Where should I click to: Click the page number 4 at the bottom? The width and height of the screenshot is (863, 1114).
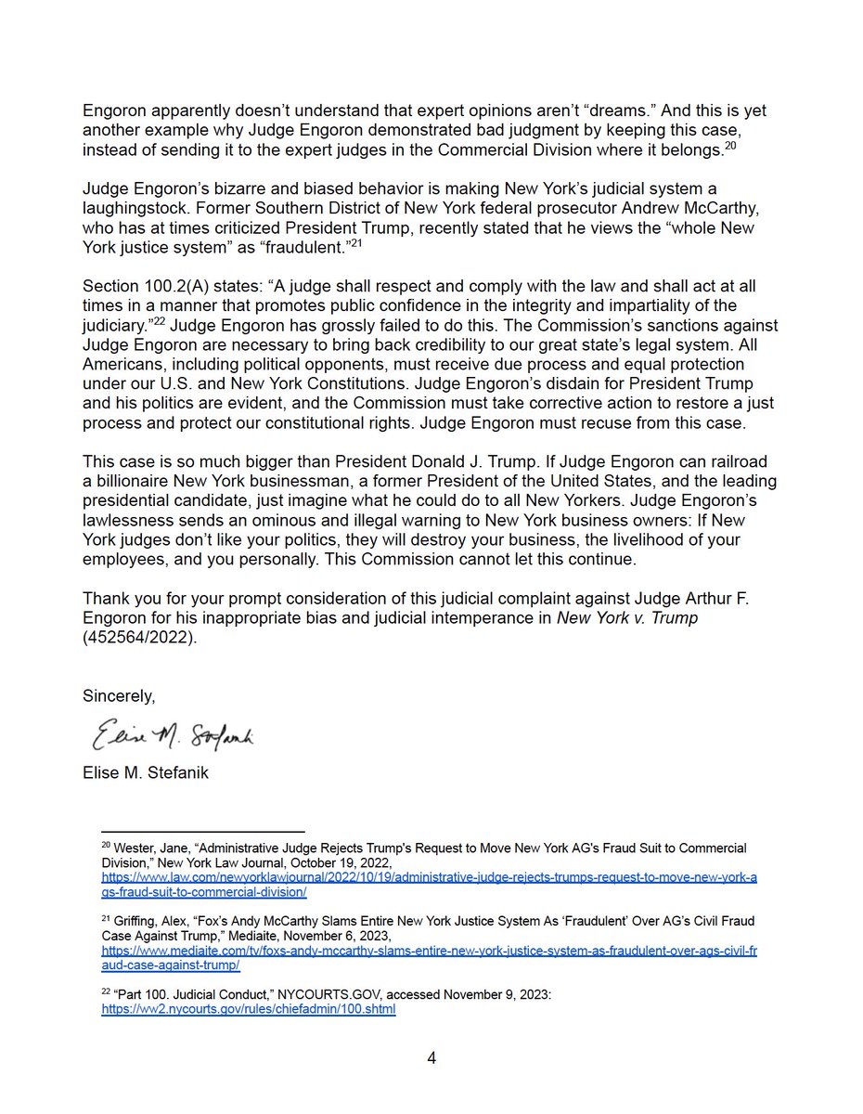431,1058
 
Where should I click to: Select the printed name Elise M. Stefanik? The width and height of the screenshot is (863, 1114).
146,772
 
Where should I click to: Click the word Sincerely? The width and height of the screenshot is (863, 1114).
119,694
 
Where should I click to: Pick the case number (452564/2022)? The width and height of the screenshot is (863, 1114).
140,641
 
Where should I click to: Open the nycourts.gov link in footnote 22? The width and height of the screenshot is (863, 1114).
249,1009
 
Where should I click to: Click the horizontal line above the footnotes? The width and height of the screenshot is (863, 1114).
202,831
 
